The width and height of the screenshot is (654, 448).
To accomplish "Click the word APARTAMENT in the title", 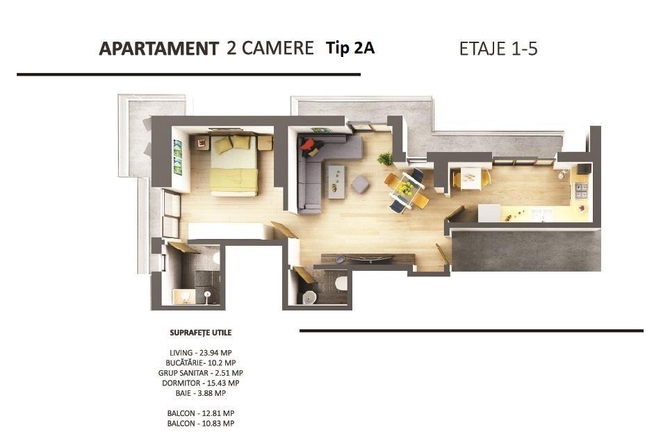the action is [x=158, y=49].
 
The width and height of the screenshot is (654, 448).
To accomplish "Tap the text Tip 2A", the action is [x=350, y=47].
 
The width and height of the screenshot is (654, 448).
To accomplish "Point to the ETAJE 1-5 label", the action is [x=498, y=49].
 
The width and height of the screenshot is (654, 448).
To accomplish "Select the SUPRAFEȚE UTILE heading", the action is [x=201, y=333].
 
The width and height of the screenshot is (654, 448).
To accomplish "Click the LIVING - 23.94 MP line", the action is [x=201, y=353].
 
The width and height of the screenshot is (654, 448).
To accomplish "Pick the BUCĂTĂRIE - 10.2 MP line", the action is [x=201, y=363].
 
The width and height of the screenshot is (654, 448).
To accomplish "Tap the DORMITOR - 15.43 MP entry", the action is [x=201, y=383].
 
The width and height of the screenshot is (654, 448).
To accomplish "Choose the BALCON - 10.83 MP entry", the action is [x=201, y=424].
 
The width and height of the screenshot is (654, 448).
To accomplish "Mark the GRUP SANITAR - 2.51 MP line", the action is [x=201, y=373].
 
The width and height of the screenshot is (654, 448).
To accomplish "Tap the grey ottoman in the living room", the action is [x=361, y=184].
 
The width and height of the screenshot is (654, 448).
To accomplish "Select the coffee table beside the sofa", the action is [x=336, y=182].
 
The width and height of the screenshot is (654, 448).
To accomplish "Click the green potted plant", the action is [x=386, y=158].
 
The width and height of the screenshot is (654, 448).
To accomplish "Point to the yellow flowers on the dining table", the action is [x=404, y=188].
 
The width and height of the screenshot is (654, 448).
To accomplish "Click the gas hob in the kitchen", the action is [x=581, y=190].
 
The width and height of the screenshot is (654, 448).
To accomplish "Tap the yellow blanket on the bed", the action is [x=234, y=180].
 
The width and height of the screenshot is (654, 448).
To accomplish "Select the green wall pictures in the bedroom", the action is [x=178, y=157].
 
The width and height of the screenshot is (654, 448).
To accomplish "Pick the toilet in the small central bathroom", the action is [x=341, y=283].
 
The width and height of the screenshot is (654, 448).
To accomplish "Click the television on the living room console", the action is [x=369, y=258].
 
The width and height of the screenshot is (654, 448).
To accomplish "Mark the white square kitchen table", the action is [x=471, y=179].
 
